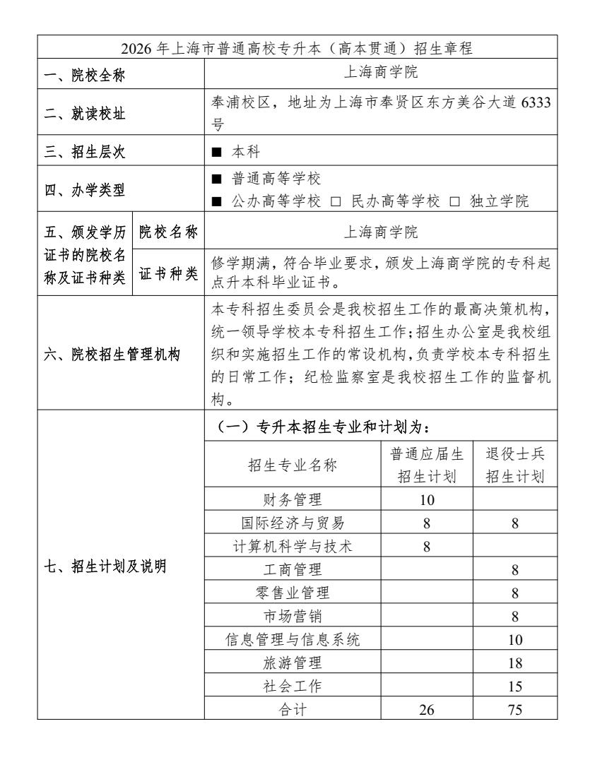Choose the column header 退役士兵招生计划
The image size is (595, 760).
(x=514, y=465)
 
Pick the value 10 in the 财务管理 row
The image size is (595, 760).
(x=427, y=501)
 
